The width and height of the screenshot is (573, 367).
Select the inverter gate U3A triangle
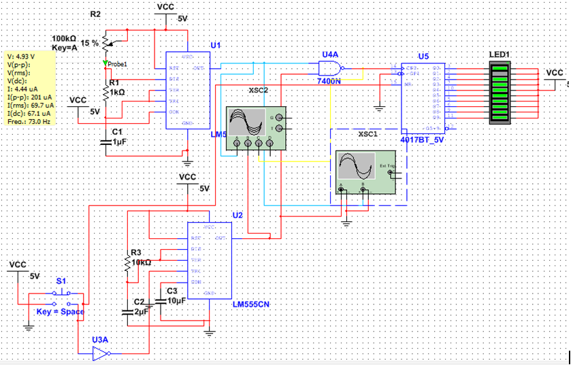[x=101, y=353]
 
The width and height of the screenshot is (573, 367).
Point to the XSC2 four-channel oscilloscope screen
[x=247, y=123]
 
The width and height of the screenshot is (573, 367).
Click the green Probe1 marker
[x=105, y=64]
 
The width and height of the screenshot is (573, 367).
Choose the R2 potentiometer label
[x=95, y=14]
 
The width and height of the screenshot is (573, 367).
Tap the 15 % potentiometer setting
[x=88, y=43]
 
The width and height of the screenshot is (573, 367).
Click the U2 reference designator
[x=237, y=215]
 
